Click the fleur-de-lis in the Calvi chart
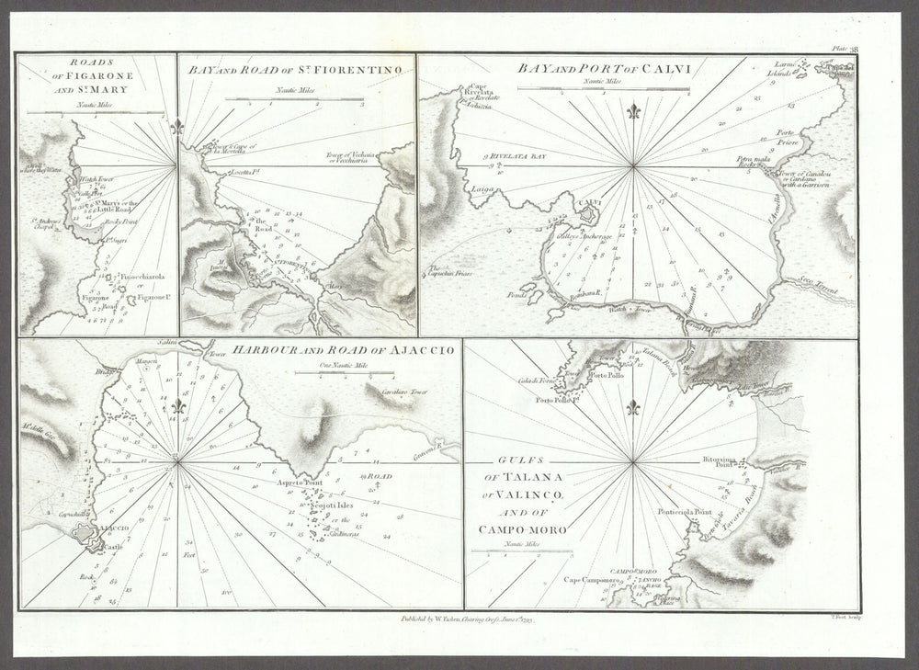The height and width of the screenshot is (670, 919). [632, 112]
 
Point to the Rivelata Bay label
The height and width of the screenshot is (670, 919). [523, 158]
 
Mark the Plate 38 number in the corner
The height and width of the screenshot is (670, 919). [843, 49]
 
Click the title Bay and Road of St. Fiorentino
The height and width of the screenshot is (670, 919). [294, 69]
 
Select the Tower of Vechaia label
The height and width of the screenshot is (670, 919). [353, 157]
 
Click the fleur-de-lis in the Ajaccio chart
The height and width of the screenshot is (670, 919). [179, 405]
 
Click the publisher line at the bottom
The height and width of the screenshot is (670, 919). [468, 620]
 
